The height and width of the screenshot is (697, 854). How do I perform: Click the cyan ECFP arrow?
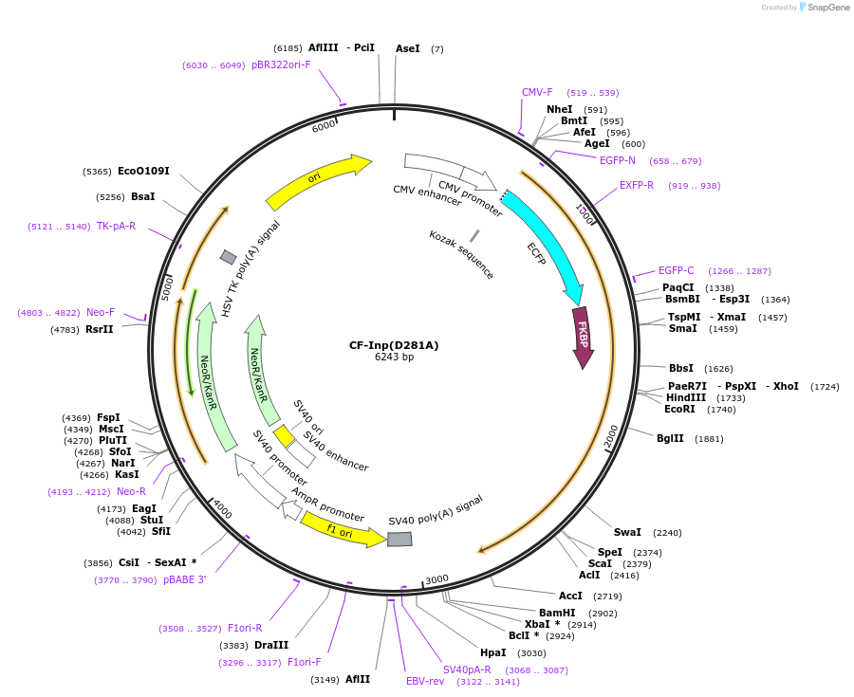coord(546,243)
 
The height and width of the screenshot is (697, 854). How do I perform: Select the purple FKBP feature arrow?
coord(582,336)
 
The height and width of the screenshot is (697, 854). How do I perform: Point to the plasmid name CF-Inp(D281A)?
coord(394,344)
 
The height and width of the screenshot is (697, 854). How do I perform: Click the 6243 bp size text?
coord(394,358)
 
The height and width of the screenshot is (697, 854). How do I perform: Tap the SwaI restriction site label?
coord(627,532)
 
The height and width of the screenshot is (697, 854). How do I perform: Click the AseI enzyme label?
coord(407,48)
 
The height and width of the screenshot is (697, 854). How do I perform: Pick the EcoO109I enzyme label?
coord(143,171)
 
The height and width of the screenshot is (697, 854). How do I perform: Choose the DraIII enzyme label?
coord(271,645)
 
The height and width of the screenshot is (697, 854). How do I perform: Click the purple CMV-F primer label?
coord(537,93)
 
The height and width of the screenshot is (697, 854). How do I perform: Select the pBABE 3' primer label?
coord(184,579)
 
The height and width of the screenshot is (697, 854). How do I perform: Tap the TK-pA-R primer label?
coord(116,226)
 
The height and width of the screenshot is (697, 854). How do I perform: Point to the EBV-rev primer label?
coord(425,681)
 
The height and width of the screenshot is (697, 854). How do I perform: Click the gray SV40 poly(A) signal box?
coord(399,539)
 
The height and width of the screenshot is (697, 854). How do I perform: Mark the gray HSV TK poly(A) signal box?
coord(228,257)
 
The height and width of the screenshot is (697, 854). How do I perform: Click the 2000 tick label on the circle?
coord(611,436)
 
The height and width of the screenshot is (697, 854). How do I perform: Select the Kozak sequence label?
coord(461,254)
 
